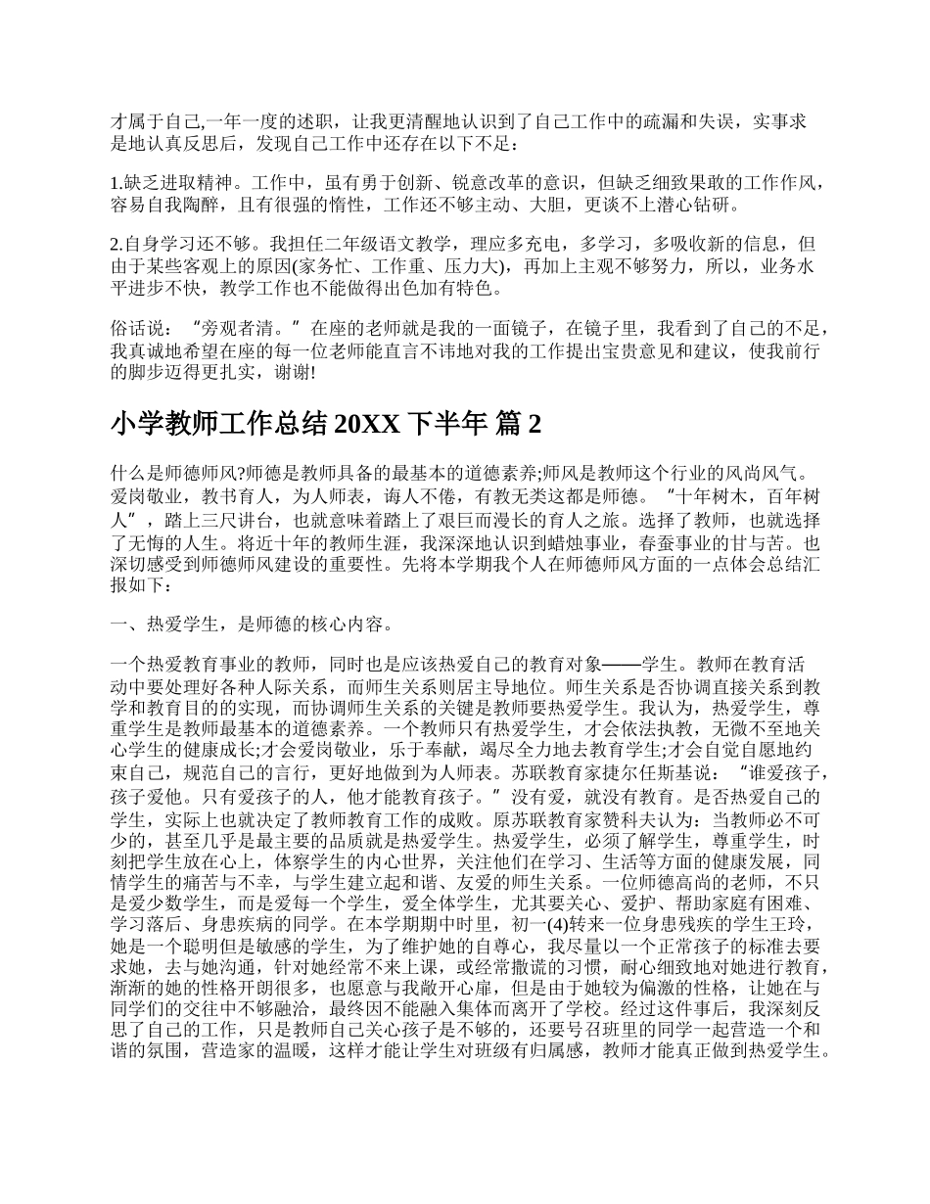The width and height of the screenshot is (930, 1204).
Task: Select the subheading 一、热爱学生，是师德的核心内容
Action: pyautogui.click(x=254, y=623)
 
